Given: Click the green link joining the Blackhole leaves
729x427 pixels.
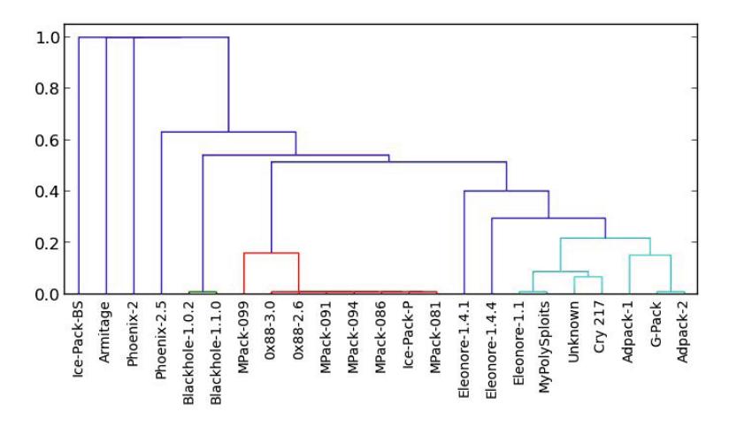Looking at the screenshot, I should [x=203, y=292].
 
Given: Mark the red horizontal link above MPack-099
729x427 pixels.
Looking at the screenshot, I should [x=271, y=253].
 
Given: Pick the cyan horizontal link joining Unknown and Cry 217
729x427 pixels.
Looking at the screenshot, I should [x=587, y=277].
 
